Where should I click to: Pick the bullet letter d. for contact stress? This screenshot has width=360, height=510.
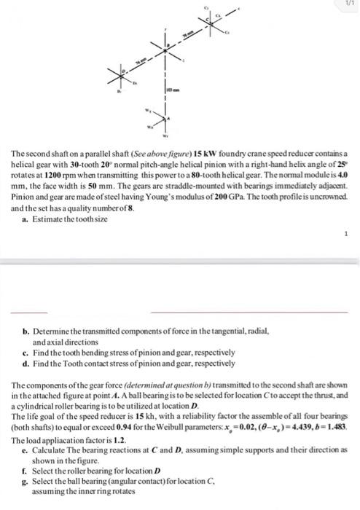coord(27,362)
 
